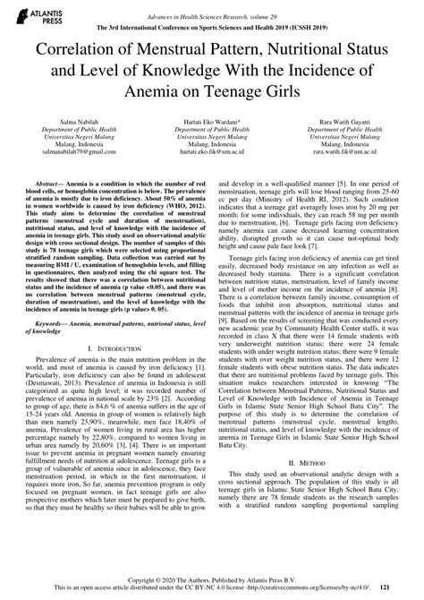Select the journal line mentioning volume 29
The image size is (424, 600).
212,7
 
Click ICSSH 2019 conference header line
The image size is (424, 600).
212,18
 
